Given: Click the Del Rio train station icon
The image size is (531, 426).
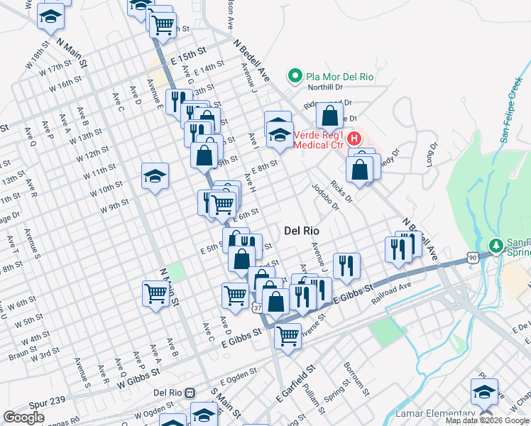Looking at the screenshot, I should pyautogui.click(x=190, y=393).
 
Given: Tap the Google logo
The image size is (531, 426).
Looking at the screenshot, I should pyautogui.click(x=23, y=417).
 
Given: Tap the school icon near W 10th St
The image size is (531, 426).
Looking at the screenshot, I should pyautogui.click(x=154, y=177).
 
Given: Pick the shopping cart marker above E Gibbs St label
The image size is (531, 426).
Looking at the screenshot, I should pyautogui.click(x=288, y=335).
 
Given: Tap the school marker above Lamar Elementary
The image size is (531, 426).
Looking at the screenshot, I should pyautogui.click(x=484, y=391).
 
